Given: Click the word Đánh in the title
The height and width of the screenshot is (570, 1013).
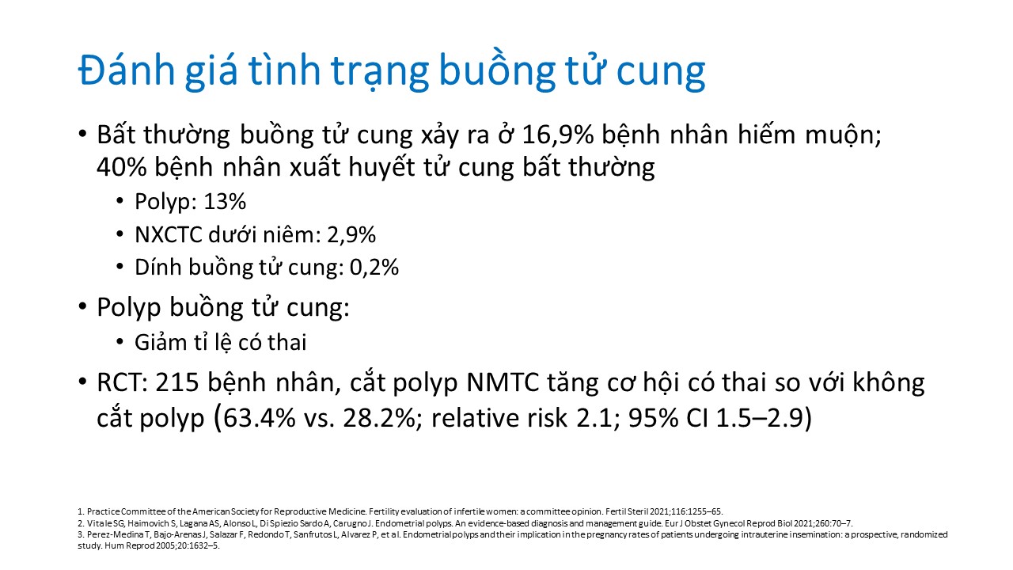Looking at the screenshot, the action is tap(127, 70).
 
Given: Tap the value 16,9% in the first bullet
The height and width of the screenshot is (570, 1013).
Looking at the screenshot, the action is tap(558, 135).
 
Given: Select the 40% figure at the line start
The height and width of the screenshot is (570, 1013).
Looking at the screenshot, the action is tap(122, 167).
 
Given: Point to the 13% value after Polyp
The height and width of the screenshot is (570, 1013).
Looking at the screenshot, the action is tap(225, 202).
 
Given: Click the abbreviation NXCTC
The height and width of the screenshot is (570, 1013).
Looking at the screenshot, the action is tap(169, 235).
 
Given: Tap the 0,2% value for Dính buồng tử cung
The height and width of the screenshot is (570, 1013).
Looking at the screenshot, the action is tap(374, 268).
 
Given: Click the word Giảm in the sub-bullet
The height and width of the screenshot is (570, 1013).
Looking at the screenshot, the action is tap(159, 343).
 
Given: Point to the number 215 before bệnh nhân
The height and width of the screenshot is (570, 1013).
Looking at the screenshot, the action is tap(177, 382).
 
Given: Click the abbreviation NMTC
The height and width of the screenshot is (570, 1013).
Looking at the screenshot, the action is tap(503, 382).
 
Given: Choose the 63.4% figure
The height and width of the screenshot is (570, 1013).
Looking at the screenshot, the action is tap(259, 418).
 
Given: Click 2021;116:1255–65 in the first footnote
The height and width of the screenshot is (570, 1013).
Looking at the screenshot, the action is tap(686, 511).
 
